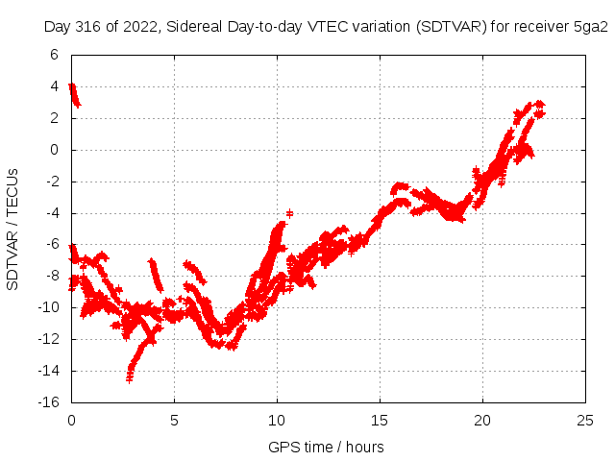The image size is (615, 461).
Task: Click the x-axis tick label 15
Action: tap(380, 421)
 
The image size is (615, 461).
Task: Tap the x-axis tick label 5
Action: tap(174, 421)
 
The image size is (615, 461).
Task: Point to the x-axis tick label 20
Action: tap(482, 421)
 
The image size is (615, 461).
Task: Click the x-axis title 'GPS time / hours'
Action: tap(327, 447)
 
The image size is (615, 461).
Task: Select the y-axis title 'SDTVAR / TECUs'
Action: tap(13, 229)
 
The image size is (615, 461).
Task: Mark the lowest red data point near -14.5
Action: tap(129, 379)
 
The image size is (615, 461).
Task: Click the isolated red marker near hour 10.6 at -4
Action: tap(289, 212)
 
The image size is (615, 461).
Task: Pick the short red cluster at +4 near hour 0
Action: tap(74, 94)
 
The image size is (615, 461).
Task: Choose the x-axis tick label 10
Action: tap(277, 421)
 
